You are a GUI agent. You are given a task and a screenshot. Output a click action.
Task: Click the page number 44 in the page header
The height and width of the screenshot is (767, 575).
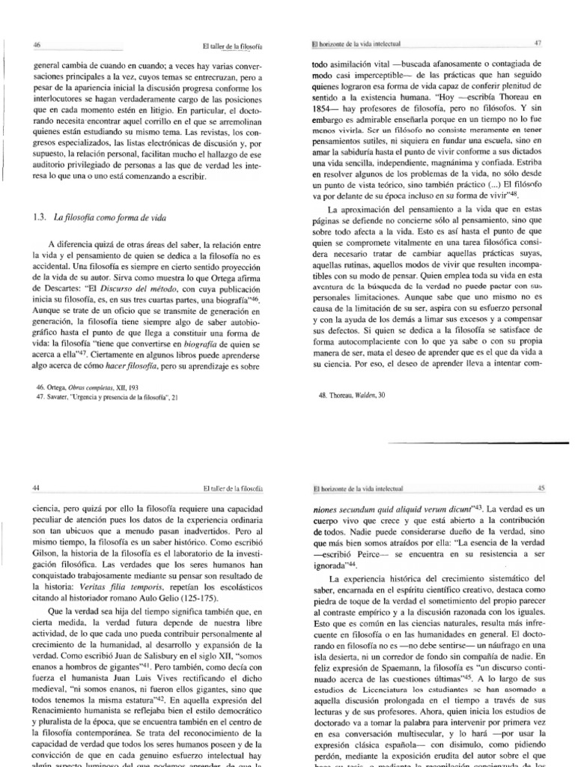[x=34, y=488]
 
